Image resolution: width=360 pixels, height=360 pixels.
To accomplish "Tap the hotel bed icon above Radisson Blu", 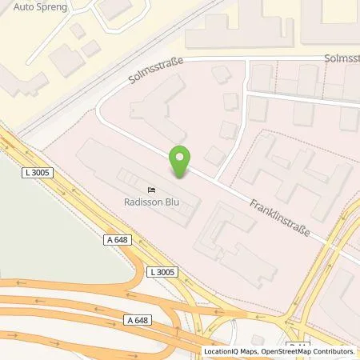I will click(150, 190).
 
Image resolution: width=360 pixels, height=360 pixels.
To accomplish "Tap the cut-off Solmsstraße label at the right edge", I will click(342, 59).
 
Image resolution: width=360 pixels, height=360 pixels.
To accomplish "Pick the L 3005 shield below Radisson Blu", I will click(163, 272).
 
